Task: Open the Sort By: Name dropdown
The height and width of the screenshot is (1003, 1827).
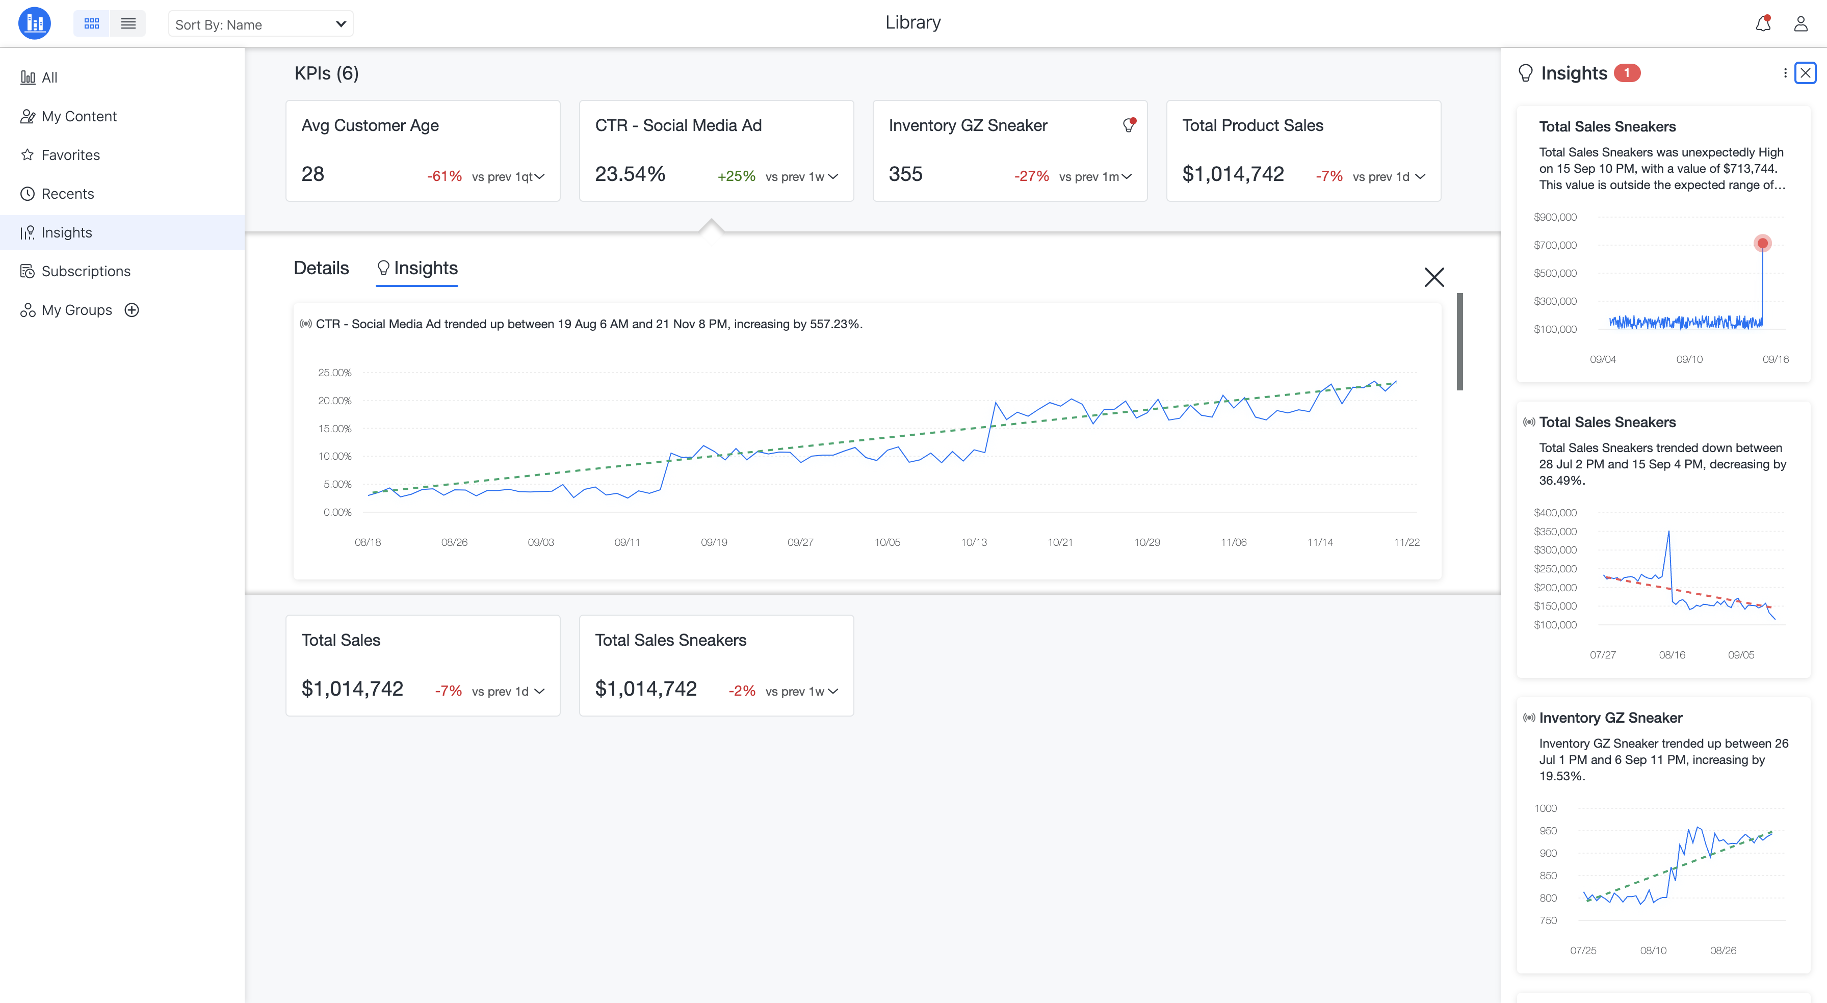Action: tap(260, 24)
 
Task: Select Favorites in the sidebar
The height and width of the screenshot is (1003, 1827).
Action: tap(70, 154)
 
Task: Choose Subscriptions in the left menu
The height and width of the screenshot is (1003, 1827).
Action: tap(86, 271)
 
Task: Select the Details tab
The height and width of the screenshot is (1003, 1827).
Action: tap(321, 268)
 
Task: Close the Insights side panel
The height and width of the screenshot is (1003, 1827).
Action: tap(1805, 73)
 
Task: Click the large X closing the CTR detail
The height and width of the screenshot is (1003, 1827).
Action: tap(1434, 277)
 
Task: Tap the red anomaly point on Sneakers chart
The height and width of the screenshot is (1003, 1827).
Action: tap(1762, 243)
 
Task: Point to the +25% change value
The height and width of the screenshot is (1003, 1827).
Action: tap(736, 176)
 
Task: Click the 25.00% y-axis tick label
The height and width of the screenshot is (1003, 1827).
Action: tap(335, 373)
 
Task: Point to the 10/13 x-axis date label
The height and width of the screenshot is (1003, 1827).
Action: tap(974, 542)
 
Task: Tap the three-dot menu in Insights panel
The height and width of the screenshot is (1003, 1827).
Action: tap(1785, 73)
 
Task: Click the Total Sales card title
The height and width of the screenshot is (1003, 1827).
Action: tap(341, 640)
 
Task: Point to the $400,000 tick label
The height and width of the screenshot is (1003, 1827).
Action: tap(1555, 512)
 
